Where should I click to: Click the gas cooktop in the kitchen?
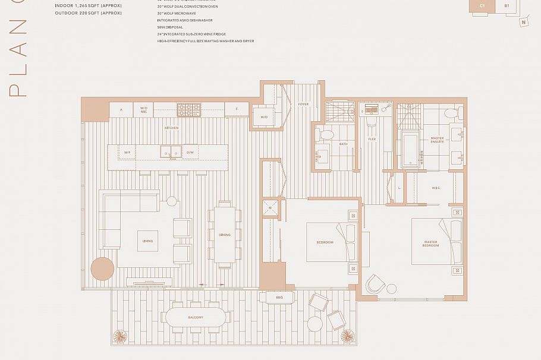[x=188, y=109]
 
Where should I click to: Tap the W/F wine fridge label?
[x=126, y=153]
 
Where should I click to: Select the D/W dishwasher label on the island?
[x=190, y=153]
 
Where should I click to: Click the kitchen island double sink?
[x=170, y=153]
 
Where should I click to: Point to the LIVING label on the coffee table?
[x=147, y=241]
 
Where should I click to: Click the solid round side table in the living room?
[x=102, y=269]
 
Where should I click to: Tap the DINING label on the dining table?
[x=225, y=235]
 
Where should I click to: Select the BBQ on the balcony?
[x=279, y=297]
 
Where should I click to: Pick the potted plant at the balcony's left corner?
[x=120, y=336]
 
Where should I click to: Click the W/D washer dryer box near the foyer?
[x=264, y=116]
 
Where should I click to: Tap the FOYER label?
[x=303, y=105]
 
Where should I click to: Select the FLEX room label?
[x=372, y=139]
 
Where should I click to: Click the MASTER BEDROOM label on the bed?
[x=431, y=244]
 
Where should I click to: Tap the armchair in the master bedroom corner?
[x=375, y=285]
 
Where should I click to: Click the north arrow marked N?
[x=523, y=23]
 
